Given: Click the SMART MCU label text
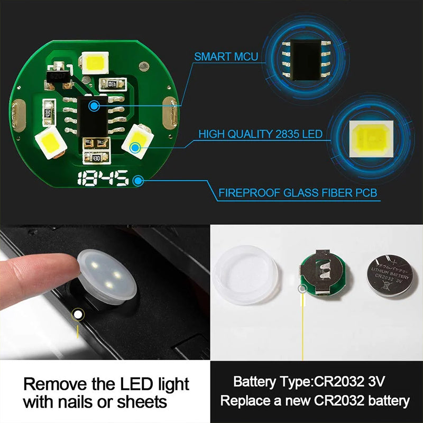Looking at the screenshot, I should click(x=226, y=56).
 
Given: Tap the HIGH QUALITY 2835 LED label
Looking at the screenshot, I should click(x=260, y=134).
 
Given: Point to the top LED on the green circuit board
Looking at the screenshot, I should click(x=95, y=63).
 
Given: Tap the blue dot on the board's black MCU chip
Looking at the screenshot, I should click(x=94, y=106).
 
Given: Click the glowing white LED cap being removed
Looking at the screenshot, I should click(x=107, y=274).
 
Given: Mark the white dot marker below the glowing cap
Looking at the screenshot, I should click(x=78, y=315).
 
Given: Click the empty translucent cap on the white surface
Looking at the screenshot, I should click(x=246, y=274).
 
